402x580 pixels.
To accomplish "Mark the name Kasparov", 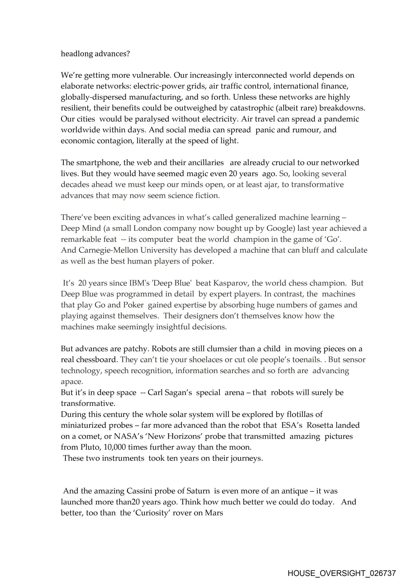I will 230,283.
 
